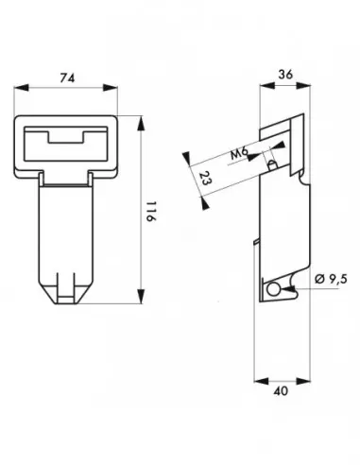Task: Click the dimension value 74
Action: click(x=67, y=77)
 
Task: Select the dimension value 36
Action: click(x=285, y=75)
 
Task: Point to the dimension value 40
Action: click(x=281, y=391)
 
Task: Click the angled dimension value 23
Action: click(x=205, y=179)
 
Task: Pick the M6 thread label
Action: click(x=239, y=154)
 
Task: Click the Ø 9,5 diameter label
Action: click(x=331, y=279)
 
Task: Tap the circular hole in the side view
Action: click(x=273, y=289)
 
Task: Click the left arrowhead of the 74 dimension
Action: click(x=22, y=88)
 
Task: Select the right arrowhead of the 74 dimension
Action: click(x=111, y=88)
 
